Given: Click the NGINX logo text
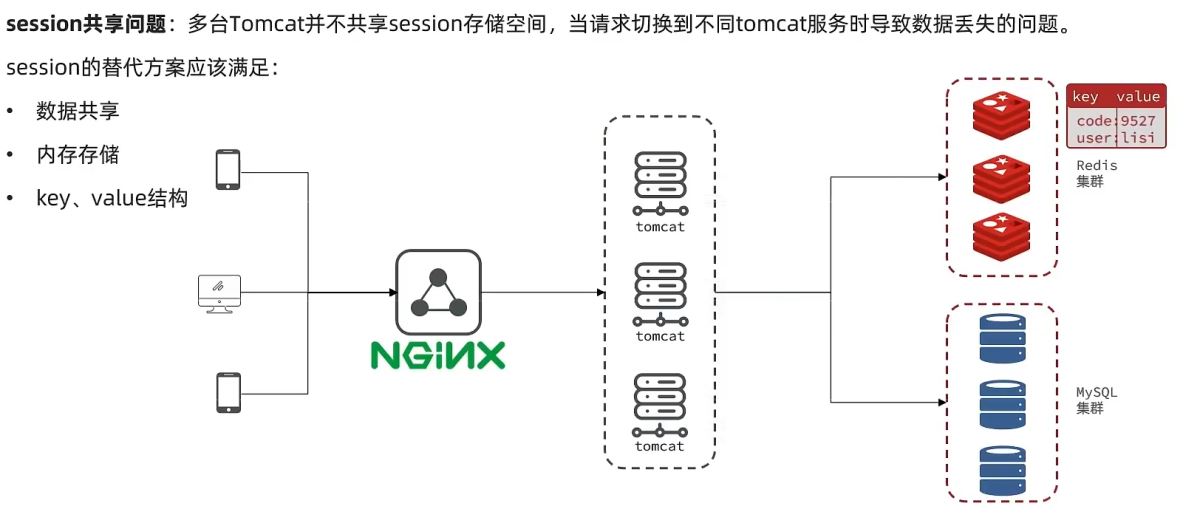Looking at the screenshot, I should click(438, 355).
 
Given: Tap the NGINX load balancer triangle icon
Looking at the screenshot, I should click(438, 291).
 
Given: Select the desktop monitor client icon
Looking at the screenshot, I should click(218, 292).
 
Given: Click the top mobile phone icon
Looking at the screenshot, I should click(228, 169).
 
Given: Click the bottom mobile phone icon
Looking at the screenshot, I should click(228, 392).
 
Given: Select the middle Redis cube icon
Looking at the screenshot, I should click(1001, 179).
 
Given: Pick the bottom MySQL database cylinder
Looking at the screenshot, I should click(1002, 470).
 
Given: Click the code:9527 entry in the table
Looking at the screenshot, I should click(1115, 120).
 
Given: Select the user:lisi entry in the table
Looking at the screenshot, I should click(1115, 138).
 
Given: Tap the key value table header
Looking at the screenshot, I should click(1115, 96).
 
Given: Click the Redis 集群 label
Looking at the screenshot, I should click(1096, 173).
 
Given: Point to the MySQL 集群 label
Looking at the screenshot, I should click(1096, 400).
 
